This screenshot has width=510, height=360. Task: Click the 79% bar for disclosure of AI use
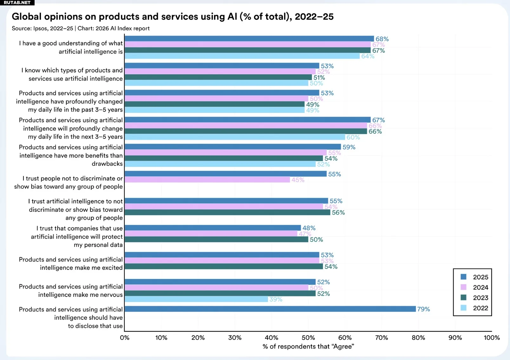click(x=270, y=309)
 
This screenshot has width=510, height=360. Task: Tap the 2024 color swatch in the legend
click(x=463, y=287)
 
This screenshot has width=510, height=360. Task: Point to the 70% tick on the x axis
click(x=382, y=337)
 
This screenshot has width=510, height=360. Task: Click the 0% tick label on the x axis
click(x=125, y=337)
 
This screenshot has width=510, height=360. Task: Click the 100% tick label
click(x=491, y=337)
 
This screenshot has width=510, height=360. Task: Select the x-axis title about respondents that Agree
click(x=308, y=346)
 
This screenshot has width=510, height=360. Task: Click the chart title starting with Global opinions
click(x=173, y=17)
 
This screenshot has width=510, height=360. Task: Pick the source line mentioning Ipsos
click(x=81, y=28)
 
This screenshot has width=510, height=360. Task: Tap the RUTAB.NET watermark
click(x=17, y=3)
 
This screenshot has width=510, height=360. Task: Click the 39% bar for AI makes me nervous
click(x=196, y=299)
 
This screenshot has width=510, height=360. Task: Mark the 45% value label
click(x=298, y=180)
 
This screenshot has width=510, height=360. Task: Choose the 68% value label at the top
click(x=382, y=39)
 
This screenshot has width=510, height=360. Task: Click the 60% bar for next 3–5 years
click(x=235, y=137)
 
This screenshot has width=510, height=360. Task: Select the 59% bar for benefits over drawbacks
click(x=233, y=147)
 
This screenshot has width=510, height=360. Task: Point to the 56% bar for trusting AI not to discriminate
click(x=227, y=212)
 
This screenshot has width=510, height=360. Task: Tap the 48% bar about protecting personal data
click(x=213, y=228)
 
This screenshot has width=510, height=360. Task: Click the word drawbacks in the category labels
click(x=107, y=163)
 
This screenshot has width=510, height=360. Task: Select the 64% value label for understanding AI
click(x=368, y=56)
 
